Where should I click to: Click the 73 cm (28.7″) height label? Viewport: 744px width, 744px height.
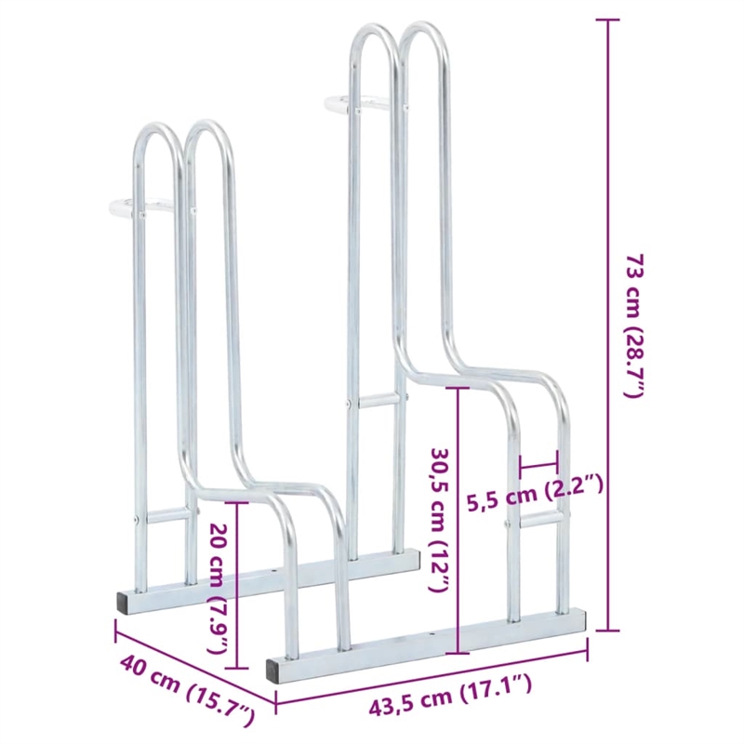tap(633, 325)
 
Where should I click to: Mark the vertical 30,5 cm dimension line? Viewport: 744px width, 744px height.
tap(458, 521)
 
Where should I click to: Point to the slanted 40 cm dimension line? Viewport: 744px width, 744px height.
tap(195, 668)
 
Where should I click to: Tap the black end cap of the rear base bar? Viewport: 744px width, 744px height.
tap(125, 600)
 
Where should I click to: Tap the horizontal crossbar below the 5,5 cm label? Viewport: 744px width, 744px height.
tap(535, 525)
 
